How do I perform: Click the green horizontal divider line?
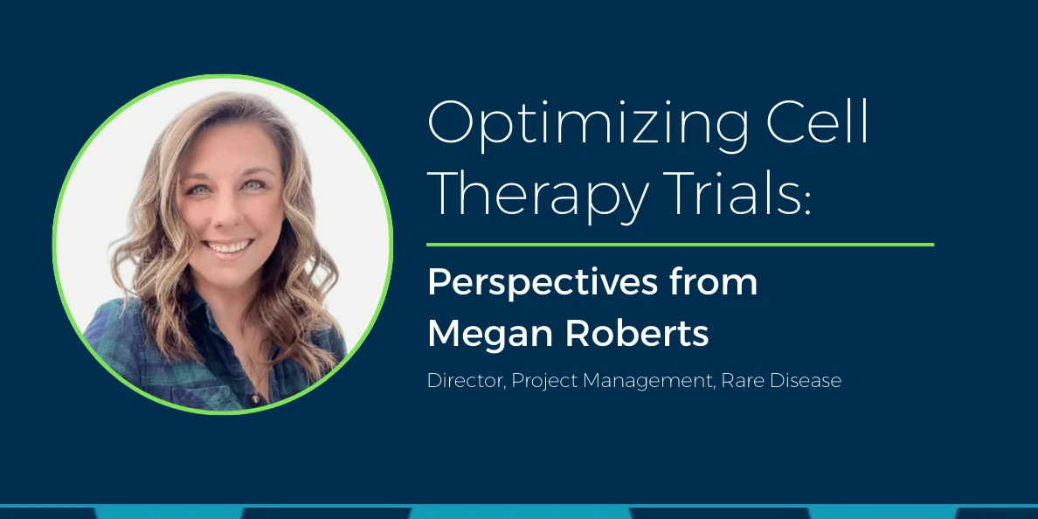680,245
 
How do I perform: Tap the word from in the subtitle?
721,283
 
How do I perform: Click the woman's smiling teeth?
228,247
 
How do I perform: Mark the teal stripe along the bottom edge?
519,512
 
